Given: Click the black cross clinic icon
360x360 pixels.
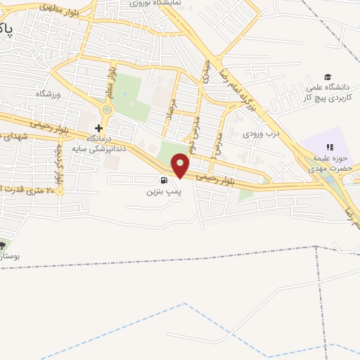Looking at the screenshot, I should (98, 129).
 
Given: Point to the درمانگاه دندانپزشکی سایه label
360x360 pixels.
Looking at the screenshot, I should (98, 144).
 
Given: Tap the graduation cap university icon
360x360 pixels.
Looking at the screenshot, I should (328, 77).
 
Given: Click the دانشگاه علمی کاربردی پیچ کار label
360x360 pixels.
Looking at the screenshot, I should (328, 94).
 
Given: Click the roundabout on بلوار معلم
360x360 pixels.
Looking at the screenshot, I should (107, 110).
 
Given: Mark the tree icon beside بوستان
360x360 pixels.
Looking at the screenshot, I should (3, 245).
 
